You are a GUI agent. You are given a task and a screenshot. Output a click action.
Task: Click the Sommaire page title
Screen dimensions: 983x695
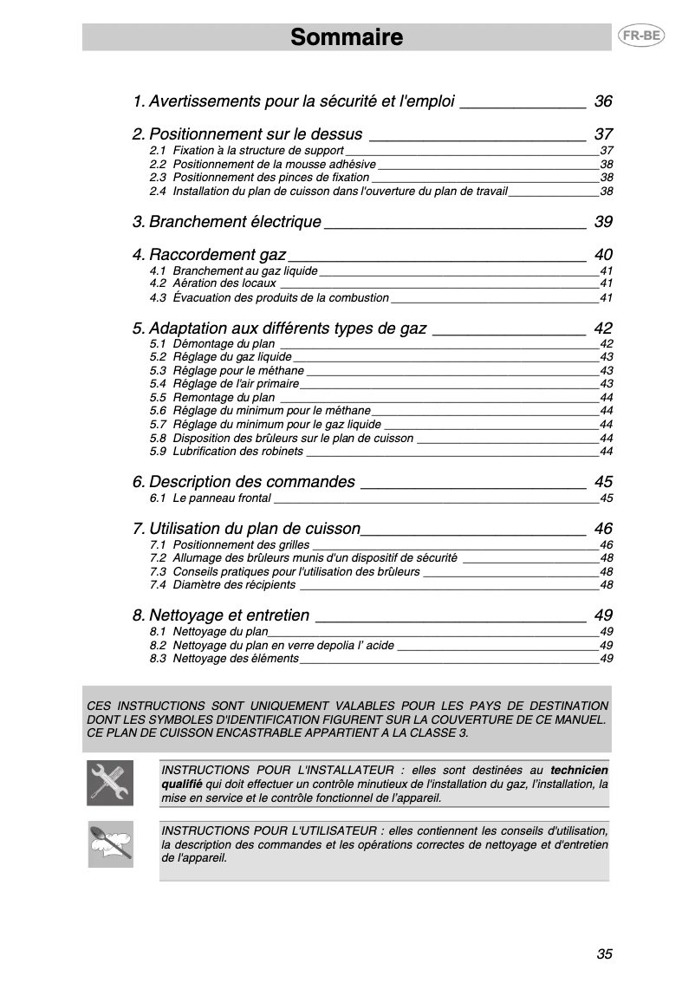pos(347,37)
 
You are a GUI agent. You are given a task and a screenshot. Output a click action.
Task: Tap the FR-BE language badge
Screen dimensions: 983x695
pos(637,36)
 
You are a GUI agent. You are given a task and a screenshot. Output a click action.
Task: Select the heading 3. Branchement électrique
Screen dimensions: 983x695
pos(227,222)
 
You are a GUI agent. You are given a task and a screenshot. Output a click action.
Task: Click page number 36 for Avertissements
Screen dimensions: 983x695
pos(603,101)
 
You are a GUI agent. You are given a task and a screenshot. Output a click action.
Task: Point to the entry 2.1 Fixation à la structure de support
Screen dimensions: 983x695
pos(246,151)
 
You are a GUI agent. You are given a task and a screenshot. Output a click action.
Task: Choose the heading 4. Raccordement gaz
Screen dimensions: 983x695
pos(209,255)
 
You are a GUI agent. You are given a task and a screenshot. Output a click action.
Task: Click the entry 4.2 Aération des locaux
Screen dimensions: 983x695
pos(212,283)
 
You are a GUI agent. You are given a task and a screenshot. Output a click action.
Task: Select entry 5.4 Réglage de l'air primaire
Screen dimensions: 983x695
pos(224,384)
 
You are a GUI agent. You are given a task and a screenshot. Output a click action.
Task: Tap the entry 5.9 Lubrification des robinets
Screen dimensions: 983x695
pos(226,452)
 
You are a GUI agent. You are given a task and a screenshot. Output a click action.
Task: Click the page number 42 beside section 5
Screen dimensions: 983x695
pos(603,329)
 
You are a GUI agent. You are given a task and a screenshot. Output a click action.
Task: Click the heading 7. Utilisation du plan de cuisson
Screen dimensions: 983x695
pos(246,529)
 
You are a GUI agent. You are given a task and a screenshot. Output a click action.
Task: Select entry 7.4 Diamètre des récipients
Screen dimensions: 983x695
pos(222,585)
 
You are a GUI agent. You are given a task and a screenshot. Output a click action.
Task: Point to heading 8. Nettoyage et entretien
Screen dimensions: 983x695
pos(221,615)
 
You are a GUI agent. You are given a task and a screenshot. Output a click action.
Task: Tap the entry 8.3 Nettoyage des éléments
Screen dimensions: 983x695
pos(224,659)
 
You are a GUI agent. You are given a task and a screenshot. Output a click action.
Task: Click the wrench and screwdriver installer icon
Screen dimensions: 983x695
pos(110,783)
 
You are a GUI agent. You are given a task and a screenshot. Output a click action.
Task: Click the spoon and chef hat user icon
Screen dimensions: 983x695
pos(110,843)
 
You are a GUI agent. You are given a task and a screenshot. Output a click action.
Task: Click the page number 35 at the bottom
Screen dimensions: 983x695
pos(604,954)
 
